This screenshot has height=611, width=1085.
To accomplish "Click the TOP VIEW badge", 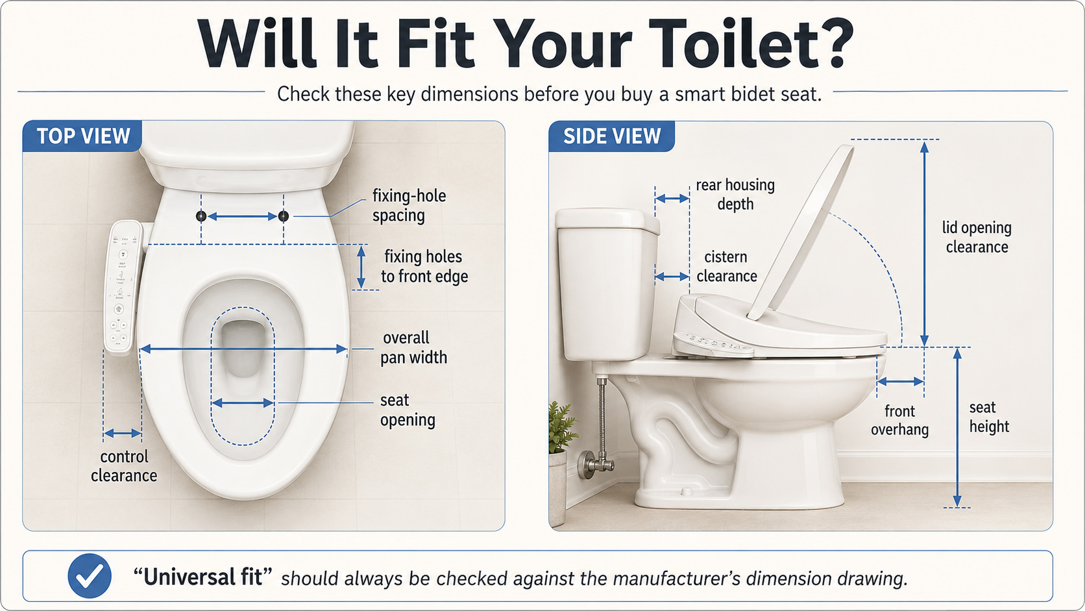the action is pos(82,136).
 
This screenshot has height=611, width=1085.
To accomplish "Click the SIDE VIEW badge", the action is pos(612,136).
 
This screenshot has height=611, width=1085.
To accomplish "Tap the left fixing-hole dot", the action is pos(201,216).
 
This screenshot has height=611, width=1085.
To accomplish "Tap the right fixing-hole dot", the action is pos(284,216).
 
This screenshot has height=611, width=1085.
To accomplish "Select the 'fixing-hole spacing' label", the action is pos(409,205).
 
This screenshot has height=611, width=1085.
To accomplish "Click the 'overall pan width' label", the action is pos(413,347).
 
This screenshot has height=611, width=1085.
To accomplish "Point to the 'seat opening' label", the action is pos(408,410).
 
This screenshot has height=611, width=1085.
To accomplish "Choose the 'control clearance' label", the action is pos(124,466).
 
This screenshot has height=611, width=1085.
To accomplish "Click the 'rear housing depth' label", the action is pos(735,194).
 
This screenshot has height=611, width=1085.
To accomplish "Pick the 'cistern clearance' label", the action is pos(727,266).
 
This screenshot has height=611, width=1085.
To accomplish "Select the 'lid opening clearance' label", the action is pos(977,237).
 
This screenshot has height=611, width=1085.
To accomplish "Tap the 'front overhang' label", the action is pos(899,420).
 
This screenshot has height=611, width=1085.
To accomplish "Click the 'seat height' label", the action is pos(989,417).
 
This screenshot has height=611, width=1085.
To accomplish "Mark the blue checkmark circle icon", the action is pos(90,576).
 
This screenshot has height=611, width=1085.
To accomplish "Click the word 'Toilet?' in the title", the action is pos(751,44).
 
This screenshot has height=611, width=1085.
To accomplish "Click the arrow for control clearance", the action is pos(123,433).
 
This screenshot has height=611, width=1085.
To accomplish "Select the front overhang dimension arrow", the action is pos(900,382).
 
